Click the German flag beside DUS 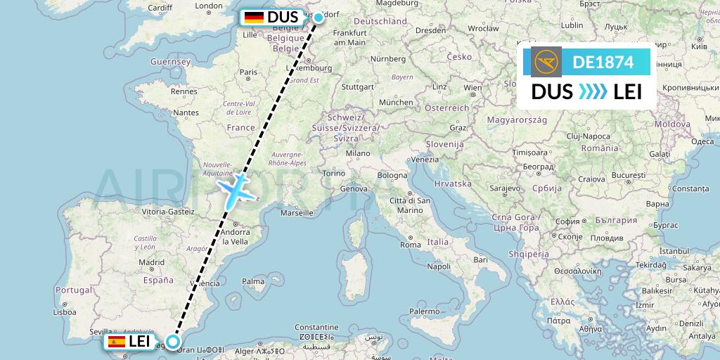(253, 18)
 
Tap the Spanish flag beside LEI (116, 342)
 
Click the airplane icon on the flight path (236, 190)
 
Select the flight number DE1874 (603, 62)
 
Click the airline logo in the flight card (547, 62)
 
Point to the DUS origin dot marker (318, 17)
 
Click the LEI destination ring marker (172, 344)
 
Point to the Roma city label (410, 245)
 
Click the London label (208, 6)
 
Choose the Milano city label (357, 153)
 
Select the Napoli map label (439, 266)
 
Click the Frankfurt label (352, 33)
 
